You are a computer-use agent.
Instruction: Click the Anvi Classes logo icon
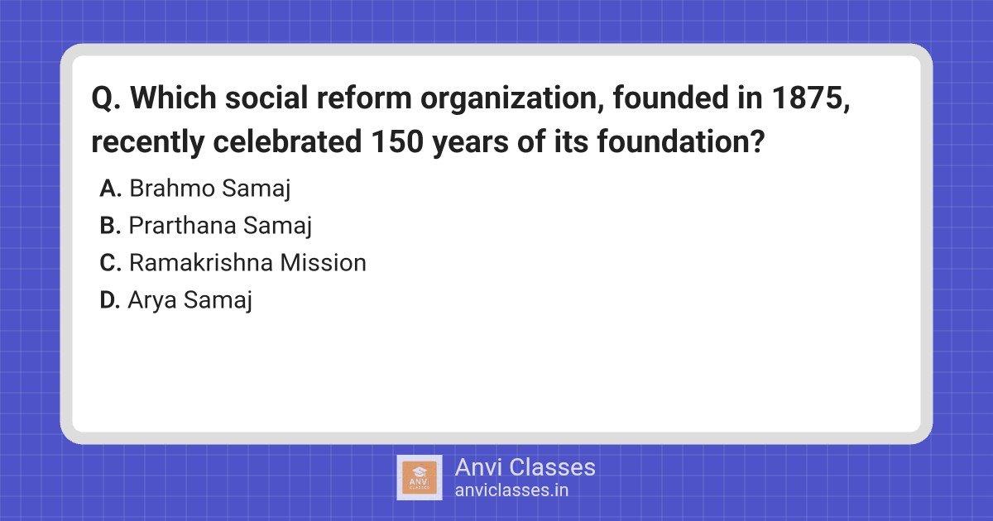420,477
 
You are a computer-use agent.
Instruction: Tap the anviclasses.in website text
511,490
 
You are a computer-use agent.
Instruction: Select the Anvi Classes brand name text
525,467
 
